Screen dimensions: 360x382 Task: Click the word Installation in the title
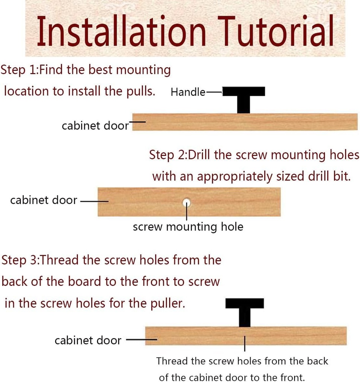[x=122, y=31]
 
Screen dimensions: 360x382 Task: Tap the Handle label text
[x=188, y=92]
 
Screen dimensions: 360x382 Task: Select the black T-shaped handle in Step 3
[x=244, y=312]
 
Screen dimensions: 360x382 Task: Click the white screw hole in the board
[x=187, y=202]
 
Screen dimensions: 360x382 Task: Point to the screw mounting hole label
[x=188, y=227]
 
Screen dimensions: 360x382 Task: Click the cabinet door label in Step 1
[x=95, y=126]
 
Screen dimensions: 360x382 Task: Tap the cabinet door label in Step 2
[x=44, y=200]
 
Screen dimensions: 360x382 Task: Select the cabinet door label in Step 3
[x=88, y=340]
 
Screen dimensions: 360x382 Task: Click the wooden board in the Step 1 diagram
[x=245, y=122]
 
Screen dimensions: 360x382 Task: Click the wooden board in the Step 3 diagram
[x=246, y=336]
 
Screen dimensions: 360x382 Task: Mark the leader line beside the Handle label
[x=214, y=92]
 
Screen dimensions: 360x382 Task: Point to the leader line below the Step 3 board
[x=244, y=344]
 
